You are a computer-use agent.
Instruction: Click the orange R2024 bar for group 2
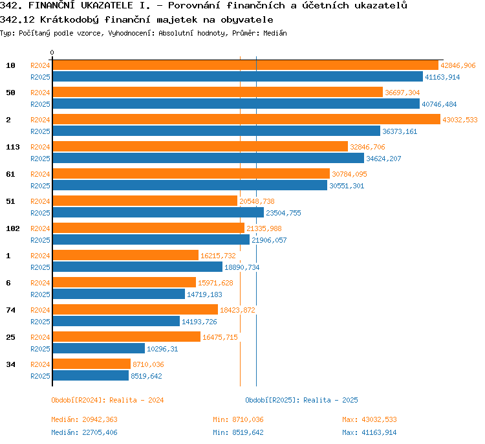(246, 119)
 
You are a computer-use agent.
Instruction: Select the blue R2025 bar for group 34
(91, 375)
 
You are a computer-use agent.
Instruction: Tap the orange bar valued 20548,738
(145, 201)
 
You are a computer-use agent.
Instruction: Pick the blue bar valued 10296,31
(99, 348)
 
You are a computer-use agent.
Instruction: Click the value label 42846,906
(458, 65)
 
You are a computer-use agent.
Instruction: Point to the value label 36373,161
(400, 131)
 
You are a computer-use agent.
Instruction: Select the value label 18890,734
(242, 267)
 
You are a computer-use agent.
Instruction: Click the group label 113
(13, 147)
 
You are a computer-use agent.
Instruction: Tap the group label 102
(13, 228)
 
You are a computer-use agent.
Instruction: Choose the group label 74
(10, 310)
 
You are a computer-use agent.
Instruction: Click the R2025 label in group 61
(40, 186)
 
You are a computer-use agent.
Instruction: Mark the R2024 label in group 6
(40, 283)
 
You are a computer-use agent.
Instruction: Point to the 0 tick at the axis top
(52, 52)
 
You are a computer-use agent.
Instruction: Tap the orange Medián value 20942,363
(100, 419)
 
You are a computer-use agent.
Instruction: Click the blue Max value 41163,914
(379, 432)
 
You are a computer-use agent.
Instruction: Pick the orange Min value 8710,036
(248, 419)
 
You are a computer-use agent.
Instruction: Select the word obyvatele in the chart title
(247, 20)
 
